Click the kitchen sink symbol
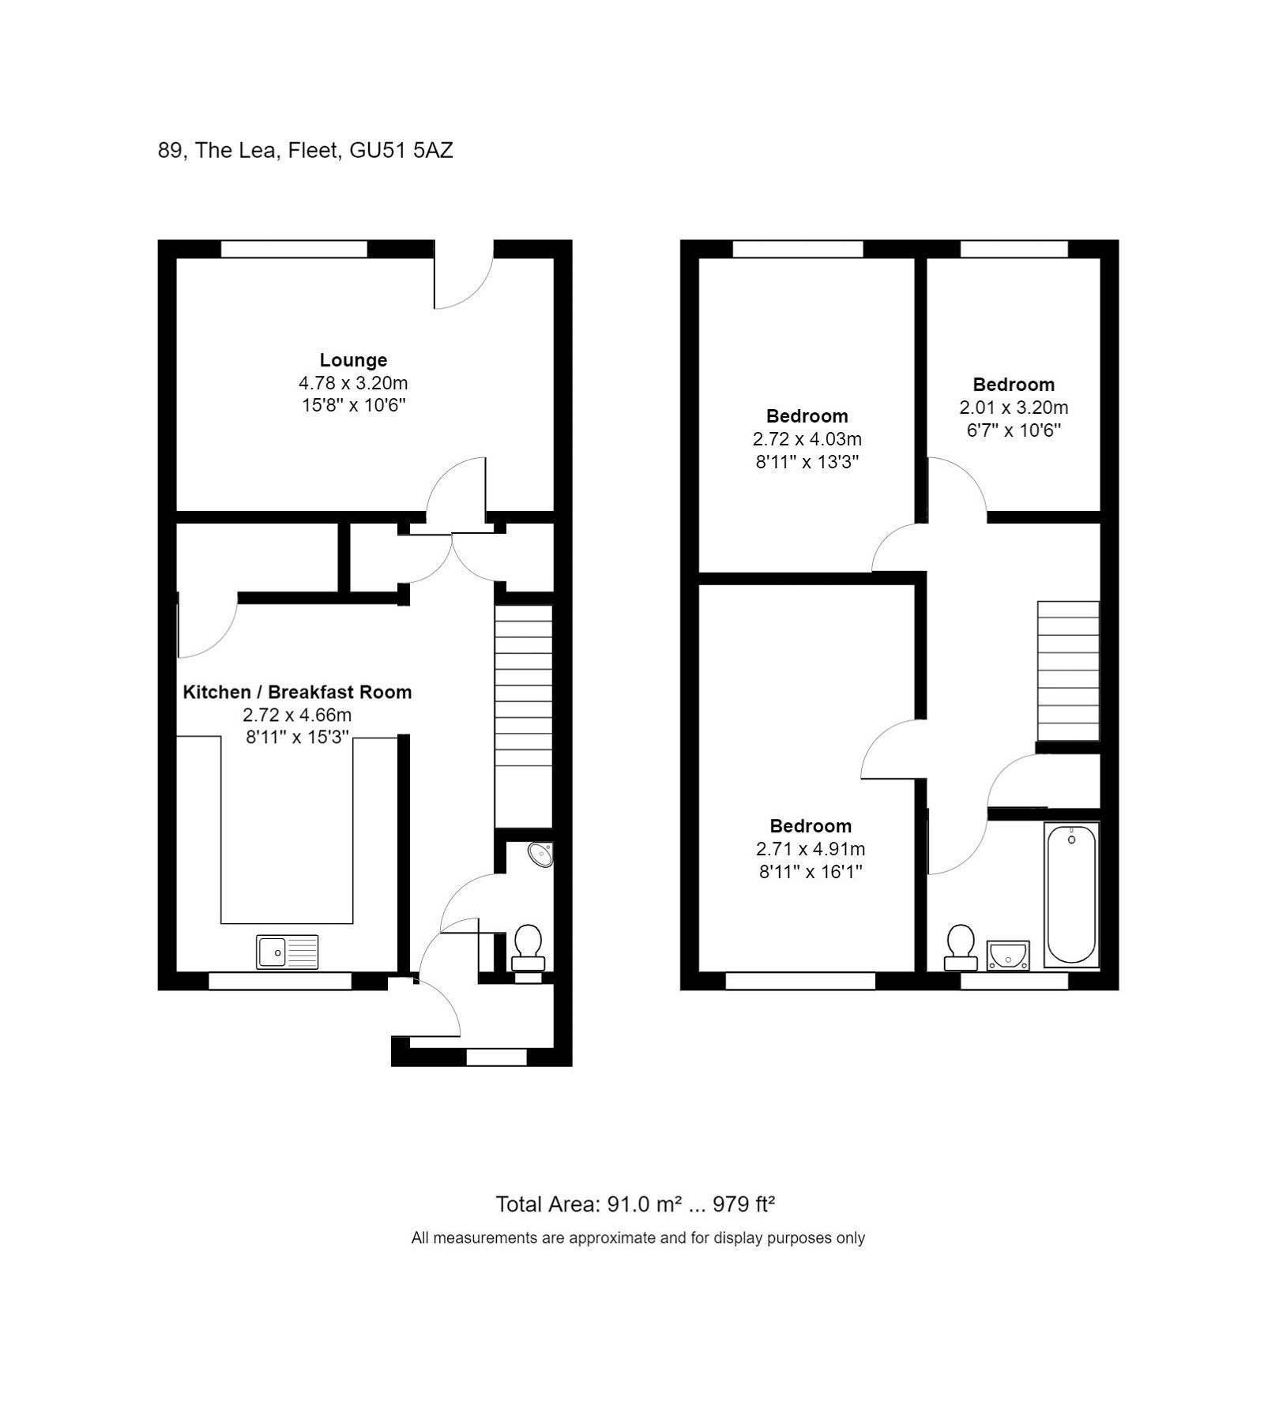288,952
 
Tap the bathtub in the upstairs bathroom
1071,895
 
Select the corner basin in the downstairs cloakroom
541,854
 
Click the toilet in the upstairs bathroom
961,947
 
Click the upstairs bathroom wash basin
1008,955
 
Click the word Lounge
353,360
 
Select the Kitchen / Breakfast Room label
297,693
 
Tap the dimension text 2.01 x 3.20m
1014,408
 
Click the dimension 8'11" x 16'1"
811,872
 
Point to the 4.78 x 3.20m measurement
353,383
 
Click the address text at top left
305,150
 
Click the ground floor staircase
523,715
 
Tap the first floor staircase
1068,671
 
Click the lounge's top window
294,249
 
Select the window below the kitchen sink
280,981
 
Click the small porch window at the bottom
496,1057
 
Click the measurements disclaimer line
638,1238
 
